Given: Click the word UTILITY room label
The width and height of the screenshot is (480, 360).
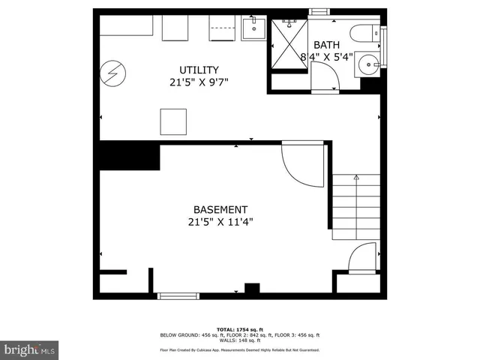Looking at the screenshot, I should pyautogui.click(x=198, y=69).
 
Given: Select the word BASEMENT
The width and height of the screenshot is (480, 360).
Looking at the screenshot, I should pyautogui.click(x=220, y=210).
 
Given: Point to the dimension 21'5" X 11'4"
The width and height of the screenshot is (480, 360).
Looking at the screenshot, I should pyautogui.click(x=220, y=222).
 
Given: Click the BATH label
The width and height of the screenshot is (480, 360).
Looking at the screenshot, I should pyautogui.click(x=327, y=45).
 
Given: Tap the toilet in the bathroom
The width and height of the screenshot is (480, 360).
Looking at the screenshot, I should pyautogui.click(x=370, y=33).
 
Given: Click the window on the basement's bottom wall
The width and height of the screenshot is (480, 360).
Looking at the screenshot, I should pyautogui.click(x=178, y=296).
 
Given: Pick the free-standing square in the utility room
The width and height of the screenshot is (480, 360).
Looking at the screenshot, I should pyautogui.click(x=173, y=121).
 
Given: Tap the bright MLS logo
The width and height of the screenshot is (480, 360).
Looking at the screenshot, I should pyautogui.click(x=30, y=349).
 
